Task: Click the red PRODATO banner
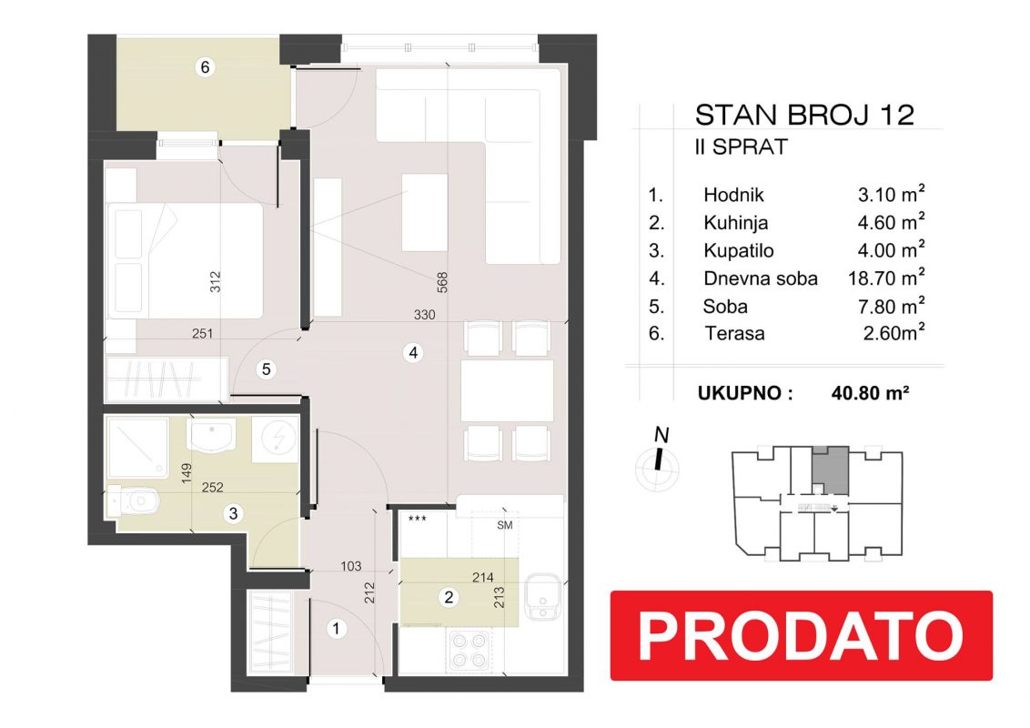801,635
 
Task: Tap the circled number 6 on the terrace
205,67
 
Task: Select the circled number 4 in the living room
413,353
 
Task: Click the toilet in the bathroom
134,500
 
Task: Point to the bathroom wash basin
211,436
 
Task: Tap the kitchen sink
542,597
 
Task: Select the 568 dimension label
442,282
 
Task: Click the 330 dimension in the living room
424,315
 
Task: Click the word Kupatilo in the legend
738,250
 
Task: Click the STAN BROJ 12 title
804,115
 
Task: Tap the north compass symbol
658,464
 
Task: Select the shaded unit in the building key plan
830,470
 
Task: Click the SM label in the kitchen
504,525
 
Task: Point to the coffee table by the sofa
424,212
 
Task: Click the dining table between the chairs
507,390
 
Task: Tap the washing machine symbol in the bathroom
276,439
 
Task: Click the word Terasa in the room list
734,333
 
